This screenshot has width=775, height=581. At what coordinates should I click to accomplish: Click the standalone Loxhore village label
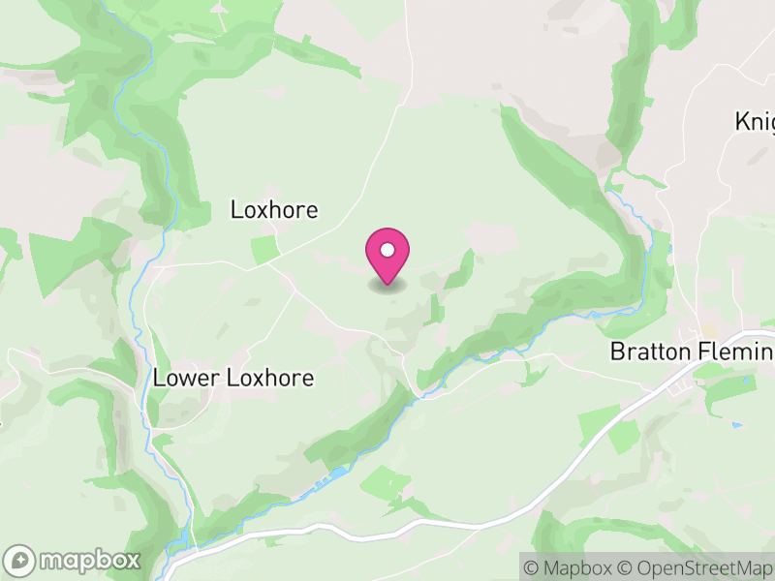click(x=274, y=209)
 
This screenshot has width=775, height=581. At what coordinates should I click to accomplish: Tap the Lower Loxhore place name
click(x=233, y=378)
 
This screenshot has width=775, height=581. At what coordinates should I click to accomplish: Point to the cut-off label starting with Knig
click(x=755, y=122)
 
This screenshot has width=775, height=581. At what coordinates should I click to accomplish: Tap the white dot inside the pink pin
click(x=387, y=250)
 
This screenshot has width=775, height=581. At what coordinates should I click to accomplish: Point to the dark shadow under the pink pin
click(x=387, y=286)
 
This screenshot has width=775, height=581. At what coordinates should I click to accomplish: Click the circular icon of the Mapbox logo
click(x=20, y=560)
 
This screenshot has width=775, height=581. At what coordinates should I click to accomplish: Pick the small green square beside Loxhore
click(x=263, y=249)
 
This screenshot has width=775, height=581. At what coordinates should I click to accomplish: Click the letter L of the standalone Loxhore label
click(x=235, y=209)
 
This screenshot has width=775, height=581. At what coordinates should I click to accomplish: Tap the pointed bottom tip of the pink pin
click(x=387, y=284)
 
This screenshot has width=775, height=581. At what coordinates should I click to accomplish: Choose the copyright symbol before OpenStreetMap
click(x=626, y=566)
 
